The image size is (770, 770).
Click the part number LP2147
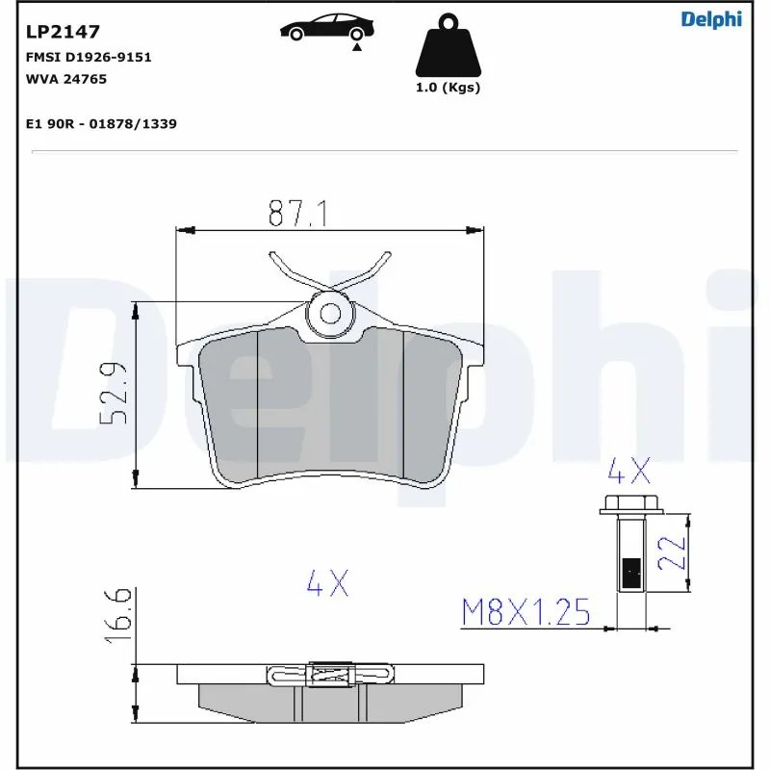click(63, 32)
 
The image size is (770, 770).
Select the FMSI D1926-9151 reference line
click(88, 58)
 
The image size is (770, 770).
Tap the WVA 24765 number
click(65, 79)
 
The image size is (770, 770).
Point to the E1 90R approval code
click(100, 124)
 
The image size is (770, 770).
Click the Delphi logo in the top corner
click(711, 19)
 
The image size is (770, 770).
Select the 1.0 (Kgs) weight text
click(448, 88)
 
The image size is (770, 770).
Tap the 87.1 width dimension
click(298, 213)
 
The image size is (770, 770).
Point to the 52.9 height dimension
click(115, 395)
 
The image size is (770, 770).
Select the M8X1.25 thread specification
click(526, 612)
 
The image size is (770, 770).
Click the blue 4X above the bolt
click(629, 472)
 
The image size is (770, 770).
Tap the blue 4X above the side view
click(327, 582)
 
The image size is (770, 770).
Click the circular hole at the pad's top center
click(330, 312)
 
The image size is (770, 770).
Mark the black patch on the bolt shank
click(632, 574)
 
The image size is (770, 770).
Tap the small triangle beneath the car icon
click(357, 45)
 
